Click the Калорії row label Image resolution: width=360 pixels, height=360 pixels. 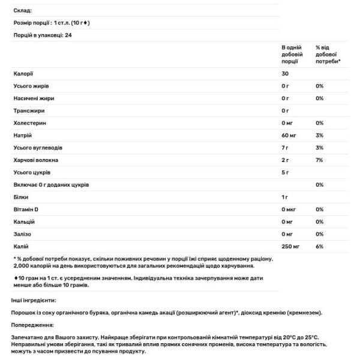24,73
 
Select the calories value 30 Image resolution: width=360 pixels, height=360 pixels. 285,73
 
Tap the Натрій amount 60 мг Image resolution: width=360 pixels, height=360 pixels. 289,136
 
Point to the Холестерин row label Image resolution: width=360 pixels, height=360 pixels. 29,123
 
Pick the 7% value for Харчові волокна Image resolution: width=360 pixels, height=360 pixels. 319,160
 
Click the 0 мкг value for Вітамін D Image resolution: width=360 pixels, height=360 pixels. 289,209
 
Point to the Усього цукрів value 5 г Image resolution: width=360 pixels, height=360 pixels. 285,173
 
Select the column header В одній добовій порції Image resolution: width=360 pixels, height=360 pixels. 291,54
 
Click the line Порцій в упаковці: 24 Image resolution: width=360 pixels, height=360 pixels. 46,35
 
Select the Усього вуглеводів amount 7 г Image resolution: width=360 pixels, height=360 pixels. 285,148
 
